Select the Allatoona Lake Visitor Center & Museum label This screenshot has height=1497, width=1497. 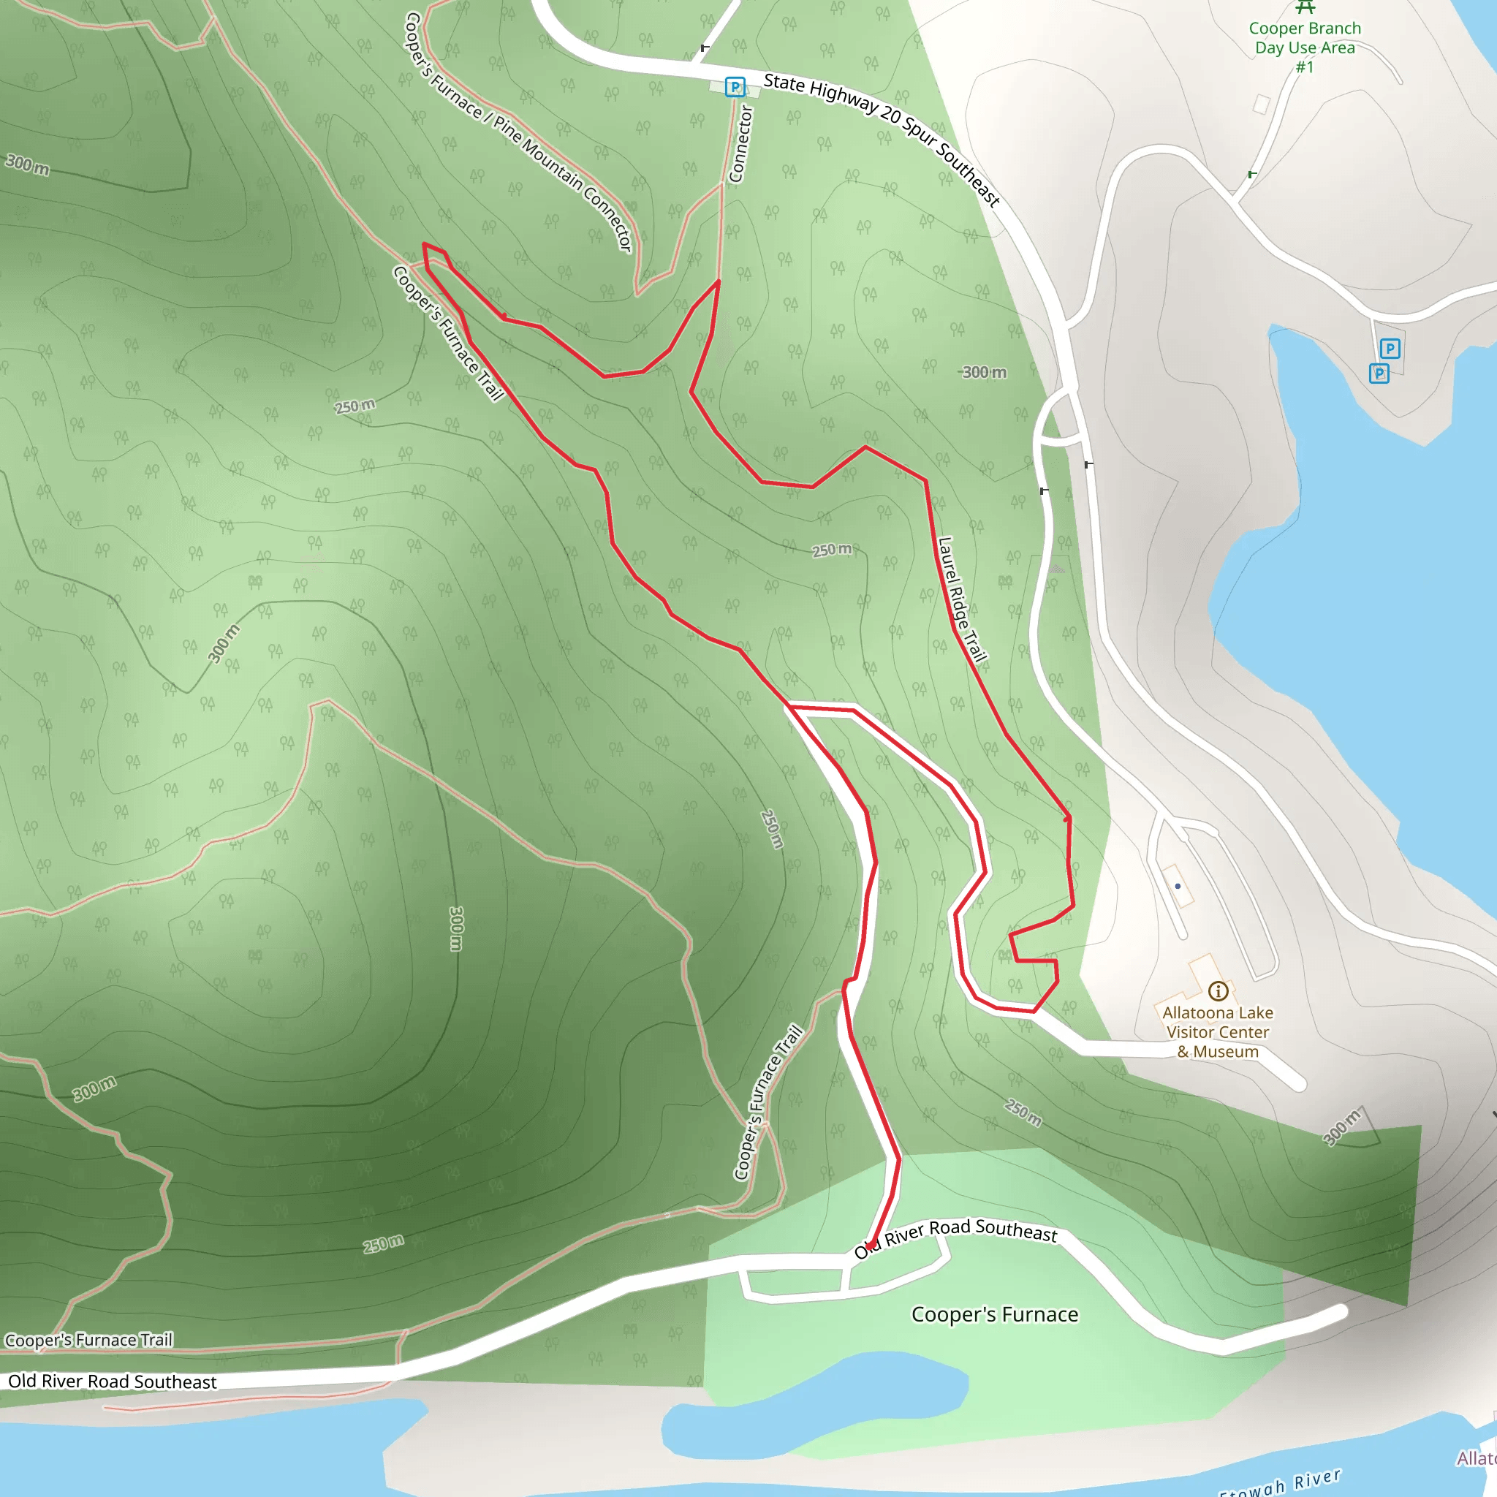1217,1032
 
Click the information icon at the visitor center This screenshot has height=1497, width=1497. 1218,990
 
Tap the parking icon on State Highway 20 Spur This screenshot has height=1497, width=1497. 735,87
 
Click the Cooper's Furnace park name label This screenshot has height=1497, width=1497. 994,1314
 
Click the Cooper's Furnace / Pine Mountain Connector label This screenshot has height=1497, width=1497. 518,132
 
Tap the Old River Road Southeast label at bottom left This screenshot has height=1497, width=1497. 113,1381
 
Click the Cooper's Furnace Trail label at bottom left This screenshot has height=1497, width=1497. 88,1340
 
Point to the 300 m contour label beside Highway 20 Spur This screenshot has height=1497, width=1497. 984,373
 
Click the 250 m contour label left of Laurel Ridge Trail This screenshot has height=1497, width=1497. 831,550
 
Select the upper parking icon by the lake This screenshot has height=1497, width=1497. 1390,349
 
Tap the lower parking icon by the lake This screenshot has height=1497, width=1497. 1379,374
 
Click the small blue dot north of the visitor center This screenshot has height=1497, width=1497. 1178,886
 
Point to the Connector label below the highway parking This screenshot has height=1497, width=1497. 740,144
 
